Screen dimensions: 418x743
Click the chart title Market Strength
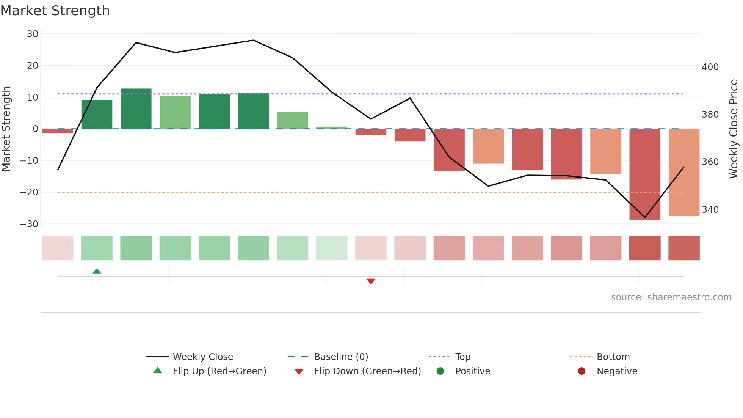(x=55, y=11)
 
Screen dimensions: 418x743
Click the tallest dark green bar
(x=136, y=108)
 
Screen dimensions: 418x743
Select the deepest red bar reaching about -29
(x=644, y=174)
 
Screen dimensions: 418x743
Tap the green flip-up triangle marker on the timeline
(x=97, y=271)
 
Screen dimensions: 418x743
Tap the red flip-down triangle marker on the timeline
(x=371, y=281)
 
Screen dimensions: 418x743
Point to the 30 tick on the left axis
(x=33, y=34)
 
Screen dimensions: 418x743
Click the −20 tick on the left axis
(x=30, y=192)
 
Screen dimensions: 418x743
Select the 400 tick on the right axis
(x=710, y=67)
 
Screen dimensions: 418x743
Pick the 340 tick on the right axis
(x=710, y=210)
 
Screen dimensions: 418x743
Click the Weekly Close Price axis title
(x=734, y=129)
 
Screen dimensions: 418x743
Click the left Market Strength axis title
(x=6, y=129)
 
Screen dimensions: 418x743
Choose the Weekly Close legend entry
(x=203, y=357)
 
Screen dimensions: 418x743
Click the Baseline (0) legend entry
(x=341, y=357)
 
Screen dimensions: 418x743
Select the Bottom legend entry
(x=613, y=357)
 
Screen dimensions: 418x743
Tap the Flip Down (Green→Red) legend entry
(x=367, y=371)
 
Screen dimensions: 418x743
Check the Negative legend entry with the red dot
(x=617, y=371)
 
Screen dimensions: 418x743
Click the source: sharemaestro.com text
(x=671, y=297)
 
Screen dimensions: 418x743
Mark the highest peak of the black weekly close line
(x=253, y=40)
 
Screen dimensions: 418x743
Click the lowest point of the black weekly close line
(x=644, y=218)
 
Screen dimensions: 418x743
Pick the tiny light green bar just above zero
(x=332, y=128)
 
